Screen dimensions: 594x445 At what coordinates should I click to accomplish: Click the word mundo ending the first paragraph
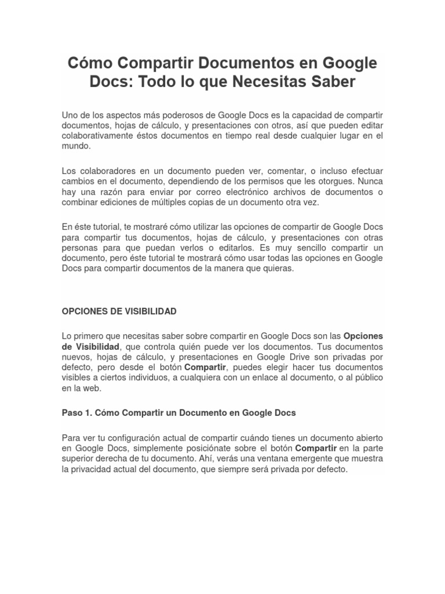pos(75,146)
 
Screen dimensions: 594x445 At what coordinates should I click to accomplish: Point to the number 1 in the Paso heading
pos(86,413)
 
